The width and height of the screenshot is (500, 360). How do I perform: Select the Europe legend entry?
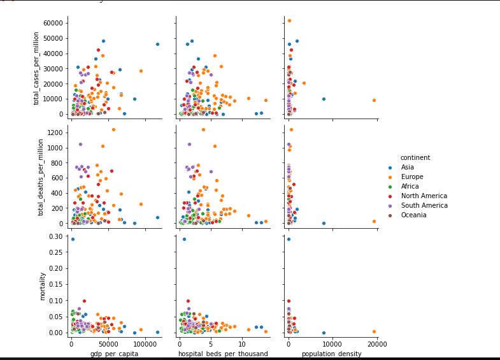point(411,177)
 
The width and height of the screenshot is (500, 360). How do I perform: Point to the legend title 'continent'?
point(415,157)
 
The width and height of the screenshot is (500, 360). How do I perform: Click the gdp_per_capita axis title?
point(115,354)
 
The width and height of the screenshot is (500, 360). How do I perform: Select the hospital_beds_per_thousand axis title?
point(223,354)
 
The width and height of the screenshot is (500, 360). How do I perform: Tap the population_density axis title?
point(331,354)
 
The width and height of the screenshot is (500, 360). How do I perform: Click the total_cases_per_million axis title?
point(36,68)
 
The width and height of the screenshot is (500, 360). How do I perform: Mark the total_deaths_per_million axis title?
point(41,177)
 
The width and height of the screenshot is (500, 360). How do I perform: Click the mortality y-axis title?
point(43,286)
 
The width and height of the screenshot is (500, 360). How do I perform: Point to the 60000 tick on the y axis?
point(53,23)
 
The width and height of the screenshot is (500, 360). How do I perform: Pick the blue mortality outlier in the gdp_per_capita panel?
point(73,240)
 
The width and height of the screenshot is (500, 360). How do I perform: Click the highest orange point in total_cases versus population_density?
point(289,21)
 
